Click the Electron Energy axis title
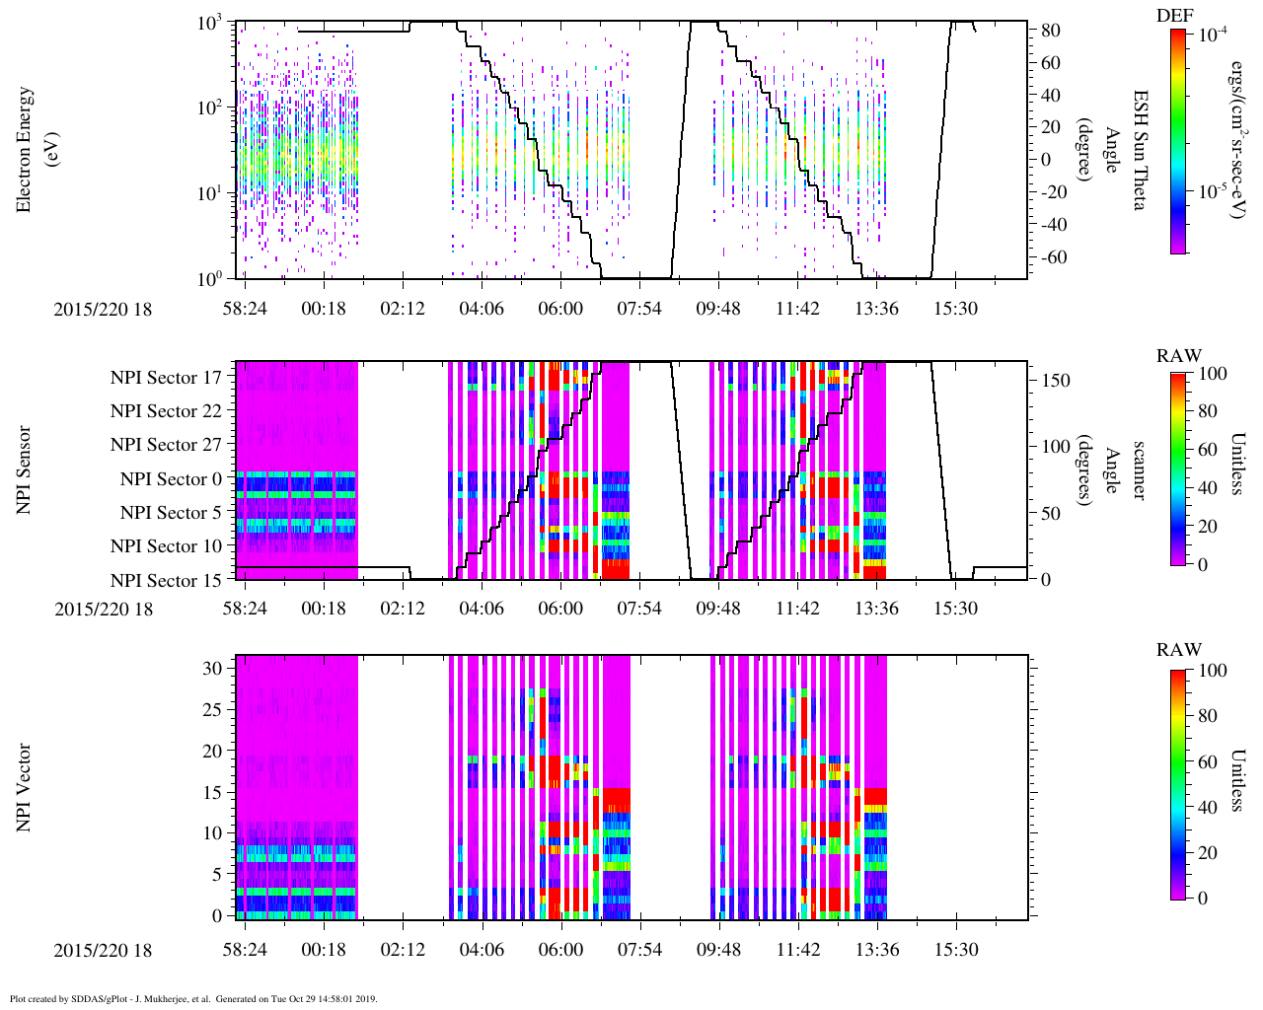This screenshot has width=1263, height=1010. [x=26, y=149]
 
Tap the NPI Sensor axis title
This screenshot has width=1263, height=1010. [x=26, y=469]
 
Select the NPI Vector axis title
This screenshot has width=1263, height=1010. [x=26, y=788]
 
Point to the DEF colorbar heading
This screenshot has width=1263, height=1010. [x=1174, y=15]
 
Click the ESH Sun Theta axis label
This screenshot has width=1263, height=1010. [x=1140, y=149]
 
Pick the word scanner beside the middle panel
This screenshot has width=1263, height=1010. [x=1140, y=469]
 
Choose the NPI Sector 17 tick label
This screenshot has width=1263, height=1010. [x=166, y=378]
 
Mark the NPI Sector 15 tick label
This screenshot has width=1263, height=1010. [x=166, y=581]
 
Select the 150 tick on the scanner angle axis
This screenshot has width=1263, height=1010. [x=1057, y=380]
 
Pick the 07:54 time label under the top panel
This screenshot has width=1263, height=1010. [x=639, y=309]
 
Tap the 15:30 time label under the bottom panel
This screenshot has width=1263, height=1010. [x=955, y=950]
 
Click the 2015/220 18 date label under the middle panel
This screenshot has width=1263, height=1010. [x=104, y=609]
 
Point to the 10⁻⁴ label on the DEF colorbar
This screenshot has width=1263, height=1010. [x=1210, y=34]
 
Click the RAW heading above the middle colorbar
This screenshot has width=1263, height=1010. [x=1179, y=356]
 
